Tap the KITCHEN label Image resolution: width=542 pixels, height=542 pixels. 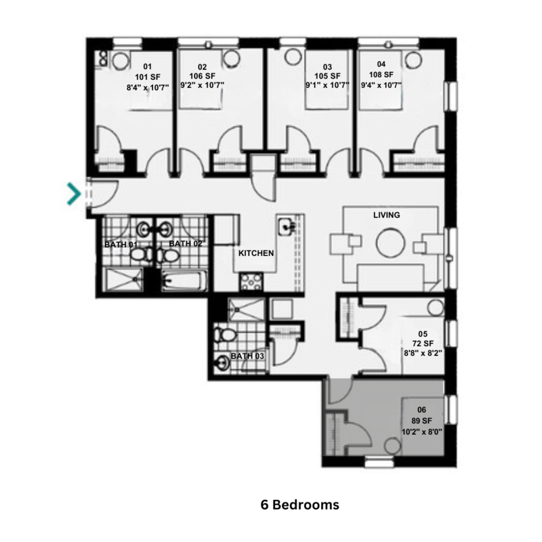pyautogui.click(x=256, y=253)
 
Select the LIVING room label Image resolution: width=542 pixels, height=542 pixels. pyautogui.click(x=387, y=215)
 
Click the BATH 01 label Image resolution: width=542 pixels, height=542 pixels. pyautogui.click(x=121, y=243)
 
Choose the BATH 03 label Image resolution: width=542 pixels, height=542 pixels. pyautogui.click(x=247, y=356)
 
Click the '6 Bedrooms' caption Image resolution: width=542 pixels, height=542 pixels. pyautogui.click(x=299, y=505)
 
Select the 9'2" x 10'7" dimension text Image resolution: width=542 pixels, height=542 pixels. pyautogui.click(x=202, y=86)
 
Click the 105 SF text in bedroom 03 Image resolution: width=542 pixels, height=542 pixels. pyautogui.click(x=328, y=77)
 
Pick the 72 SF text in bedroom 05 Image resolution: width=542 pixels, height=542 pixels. pyautogui.click(x=423, y=343)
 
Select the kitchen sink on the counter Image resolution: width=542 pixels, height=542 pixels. pyautogui.click(x=286, y=226)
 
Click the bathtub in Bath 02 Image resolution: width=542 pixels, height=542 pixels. pyautogui.click(x=183, y=280)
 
